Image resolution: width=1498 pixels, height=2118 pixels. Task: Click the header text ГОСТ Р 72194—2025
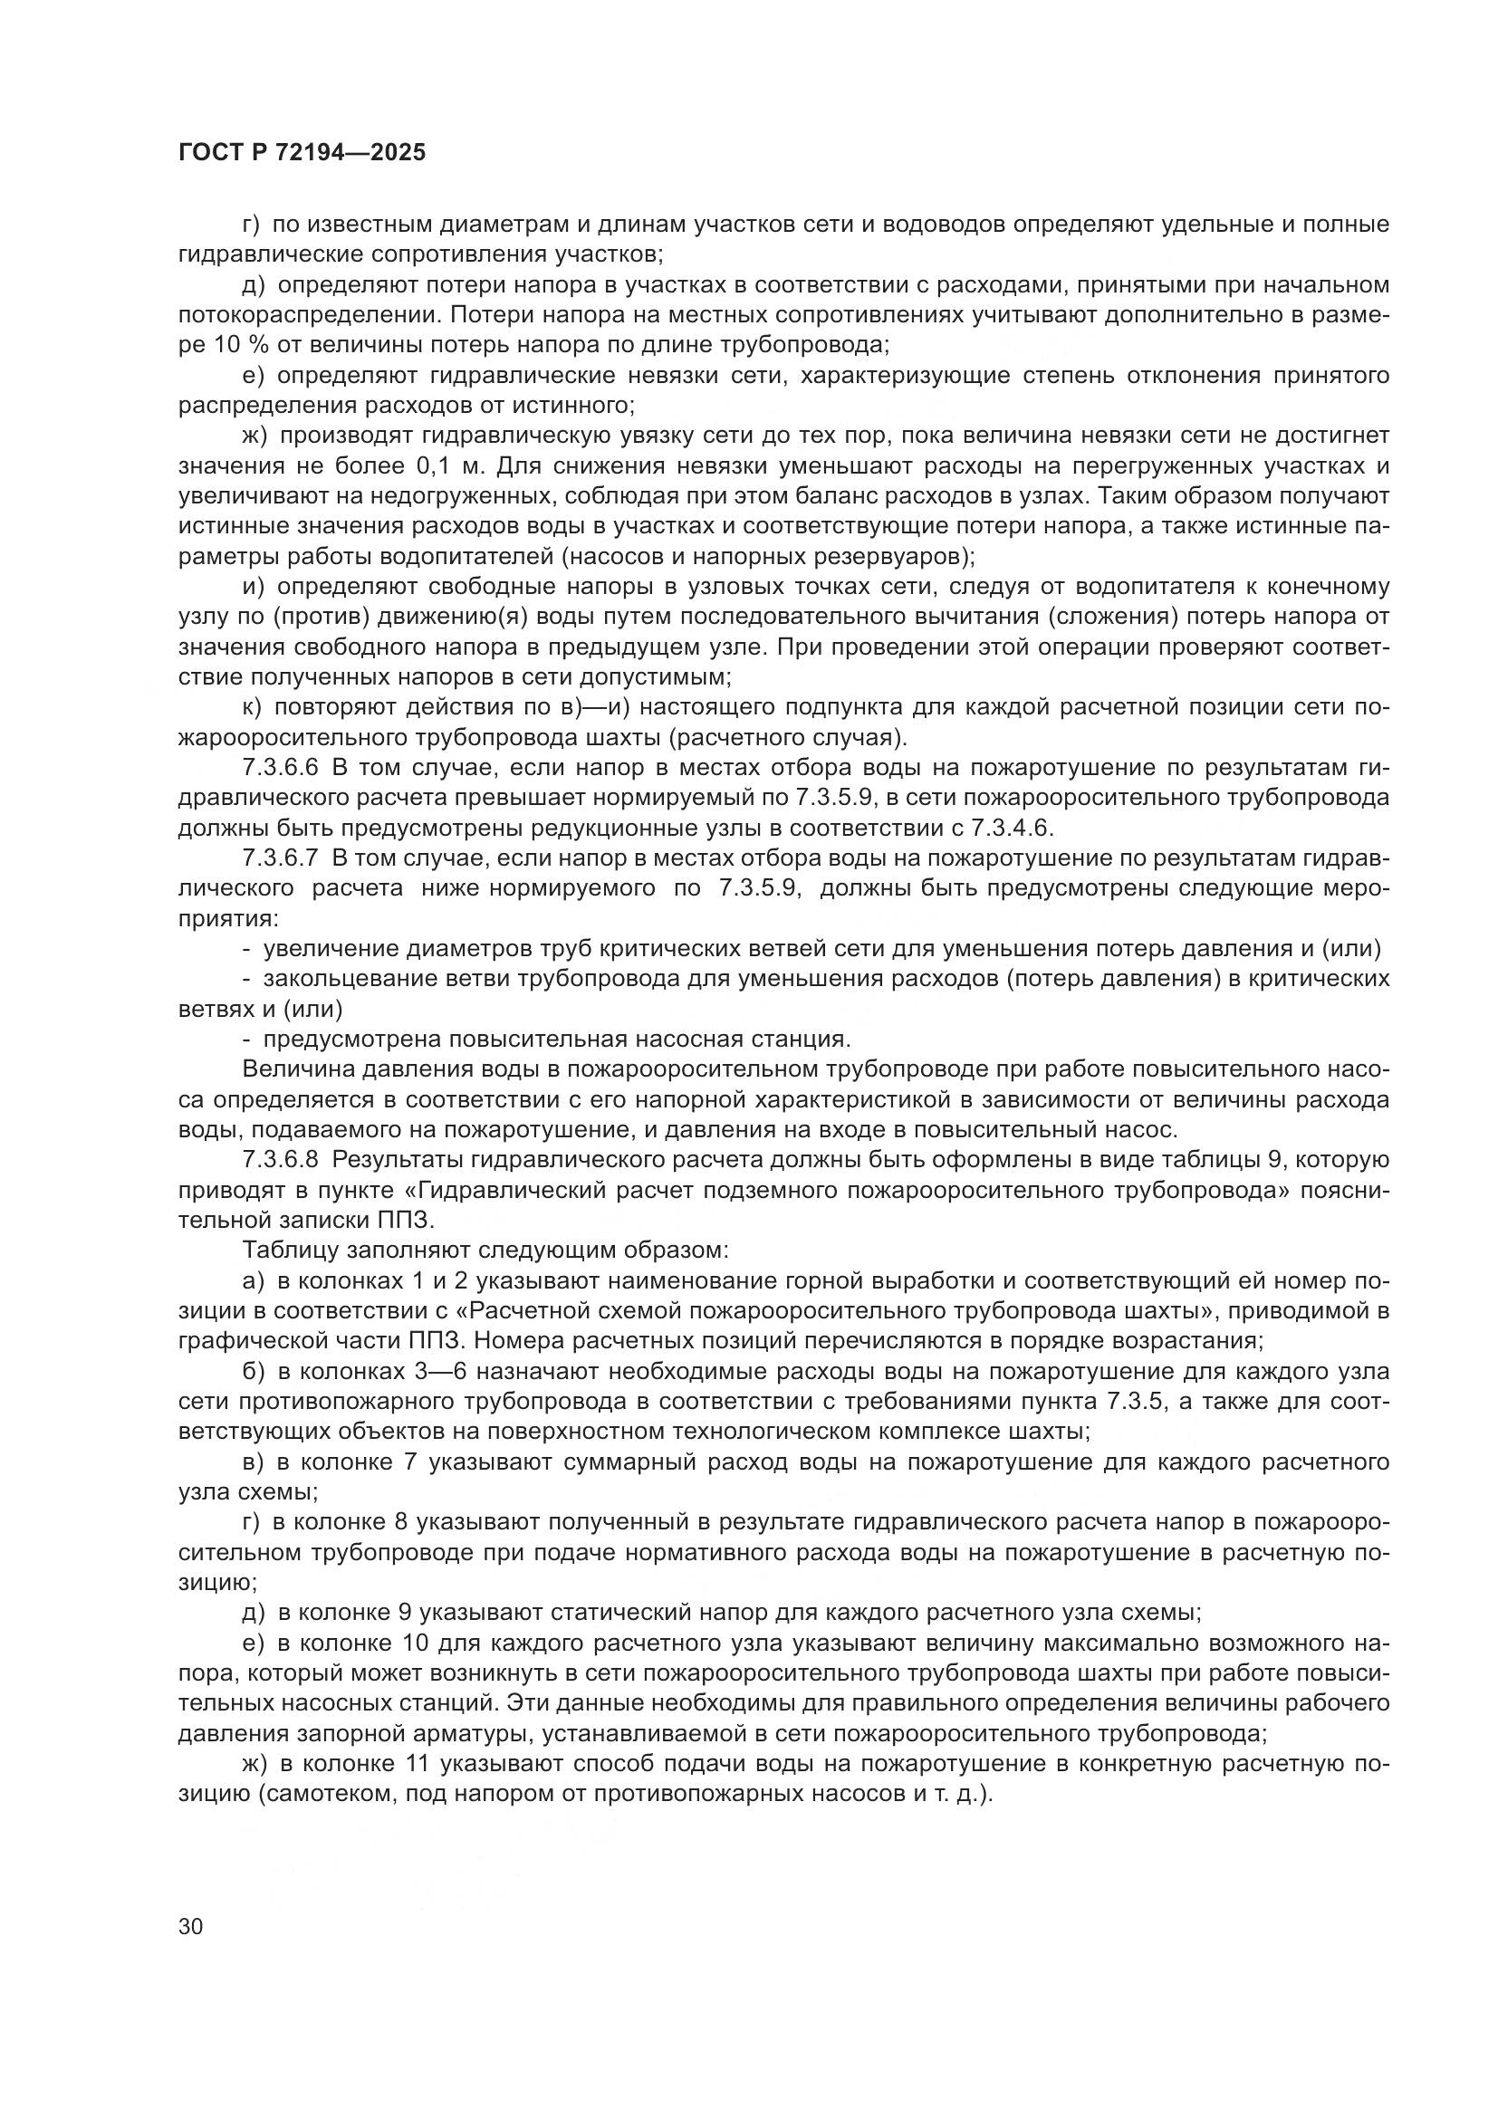pos(302,153)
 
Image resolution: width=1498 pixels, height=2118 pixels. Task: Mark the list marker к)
pos(254,707)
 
